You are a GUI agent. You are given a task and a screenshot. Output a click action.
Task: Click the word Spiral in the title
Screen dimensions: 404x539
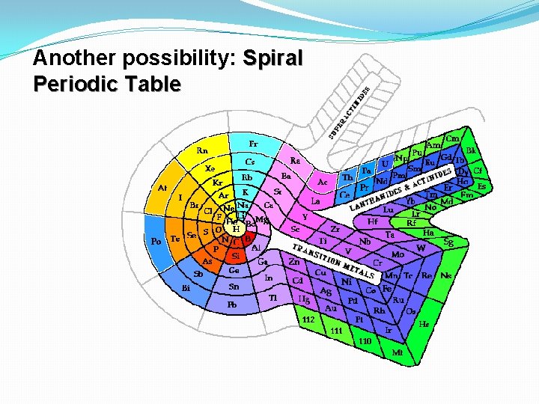click(x=272, y=58)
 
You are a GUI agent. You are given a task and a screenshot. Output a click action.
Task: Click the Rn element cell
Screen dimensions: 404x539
click(x=202, y=150)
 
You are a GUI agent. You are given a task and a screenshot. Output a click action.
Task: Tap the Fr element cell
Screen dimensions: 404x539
click(x=254, y=142)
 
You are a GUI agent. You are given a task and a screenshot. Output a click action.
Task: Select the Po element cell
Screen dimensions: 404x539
click(x=156, y=241)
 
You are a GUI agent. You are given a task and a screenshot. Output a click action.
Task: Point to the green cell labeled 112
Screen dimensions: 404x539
click(x=308, y=319)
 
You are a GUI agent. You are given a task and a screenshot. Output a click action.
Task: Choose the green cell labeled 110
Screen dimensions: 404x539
click(x=365, y=341)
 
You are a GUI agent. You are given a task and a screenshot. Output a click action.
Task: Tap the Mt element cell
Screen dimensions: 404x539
click(x=397, y=352)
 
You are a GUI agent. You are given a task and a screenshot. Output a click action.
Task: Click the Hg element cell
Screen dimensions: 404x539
click(x=304, y=299)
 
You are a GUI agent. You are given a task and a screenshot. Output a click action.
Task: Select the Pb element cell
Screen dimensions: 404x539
click(x=234, y=304)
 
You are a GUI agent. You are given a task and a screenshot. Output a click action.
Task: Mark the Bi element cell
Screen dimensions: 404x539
click(x=186, y=287)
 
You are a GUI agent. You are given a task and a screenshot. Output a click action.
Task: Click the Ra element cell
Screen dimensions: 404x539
click(x=295, y=160)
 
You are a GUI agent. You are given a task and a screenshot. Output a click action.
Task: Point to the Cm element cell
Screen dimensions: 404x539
click(x=452, y=138)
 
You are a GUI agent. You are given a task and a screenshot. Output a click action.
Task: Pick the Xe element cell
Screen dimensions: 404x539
click(x=210, y=168)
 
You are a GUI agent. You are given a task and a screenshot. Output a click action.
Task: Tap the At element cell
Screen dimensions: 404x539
click(x=162, y=189)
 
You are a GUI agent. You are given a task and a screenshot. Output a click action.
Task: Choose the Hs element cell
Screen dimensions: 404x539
click(x=424, y=325)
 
